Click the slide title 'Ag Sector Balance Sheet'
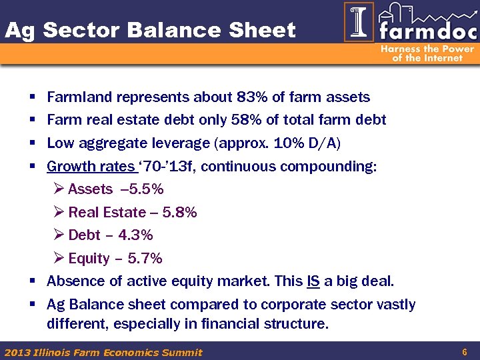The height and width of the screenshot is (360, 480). (x=150, y=30)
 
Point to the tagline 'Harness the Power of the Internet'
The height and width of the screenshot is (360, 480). (x=427, y=53)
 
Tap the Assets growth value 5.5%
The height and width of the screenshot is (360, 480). (x=147, y=189)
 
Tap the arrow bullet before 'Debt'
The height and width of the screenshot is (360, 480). (x=58, y=235)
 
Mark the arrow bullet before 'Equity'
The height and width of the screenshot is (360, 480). (x=58, y=259)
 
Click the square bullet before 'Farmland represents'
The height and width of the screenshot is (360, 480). (x=33, y=97)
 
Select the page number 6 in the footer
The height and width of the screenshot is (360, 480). (x=463, y=351)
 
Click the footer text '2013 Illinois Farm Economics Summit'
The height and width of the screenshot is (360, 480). (x=103, y=352)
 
